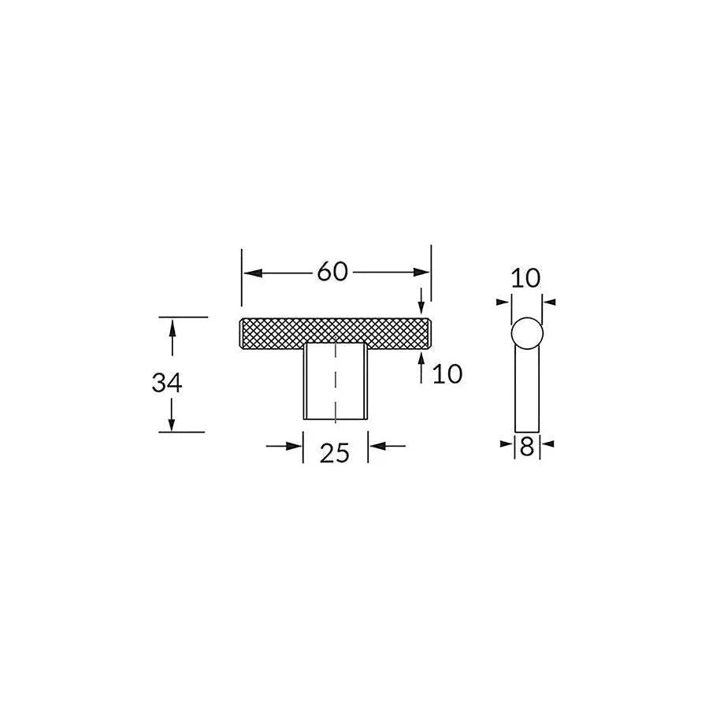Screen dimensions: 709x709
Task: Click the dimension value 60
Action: pyautogui.click(x=332, y=272)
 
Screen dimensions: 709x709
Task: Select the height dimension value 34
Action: pyautogui.click(x=167, y=383)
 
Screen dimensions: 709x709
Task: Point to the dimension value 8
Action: pyautogui.click(x=527, y=447)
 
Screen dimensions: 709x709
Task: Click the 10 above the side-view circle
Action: pyautogui.click(x=525, y=278)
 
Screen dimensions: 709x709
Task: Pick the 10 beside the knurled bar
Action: pyautogui.click(x=447, y=373)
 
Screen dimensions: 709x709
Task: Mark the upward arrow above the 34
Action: pyautogui.click(x=172, y=326)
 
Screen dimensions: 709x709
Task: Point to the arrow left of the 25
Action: pyautogui.click(x=295, y=446)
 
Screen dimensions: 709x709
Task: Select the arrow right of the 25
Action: pyautogui.click(x=377, y=446)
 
